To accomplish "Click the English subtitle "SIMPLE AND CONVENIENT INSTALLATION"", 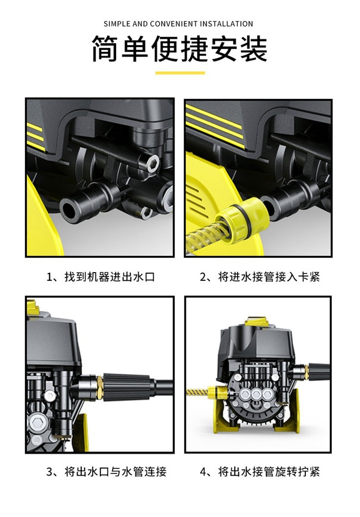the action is tap(178, 24).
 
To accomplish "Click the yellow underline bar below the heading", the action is tap(180, 73).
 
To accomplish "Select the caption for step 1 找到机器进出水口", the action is tap(101, 276).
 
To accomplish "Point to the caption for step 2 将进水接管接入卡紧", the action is tap(260, 276).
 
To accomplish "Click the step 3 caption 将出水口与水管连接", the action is tap(106, 471).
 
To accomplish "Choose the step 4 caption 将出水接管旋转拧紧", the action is tap(260, 471).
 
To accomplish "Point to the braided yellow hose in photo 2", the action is tap(205, 238).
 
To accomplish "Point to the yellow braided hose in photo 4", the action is tap(197, 393).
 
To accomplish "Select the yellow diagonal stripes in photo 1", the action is tap(36, 136).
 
